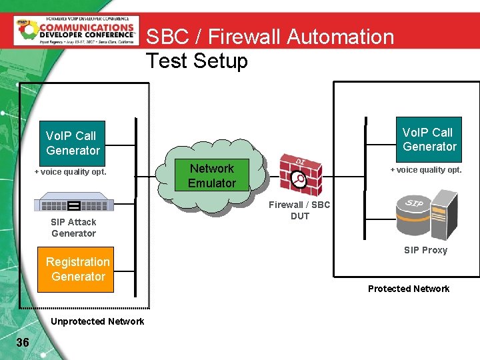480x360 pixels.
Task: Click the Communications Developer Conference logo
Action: click(76, 30)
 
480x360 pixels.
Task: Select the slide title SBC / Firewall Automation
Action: click(270, 37)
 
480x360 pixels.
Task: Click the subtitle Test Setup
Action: click(197, 61)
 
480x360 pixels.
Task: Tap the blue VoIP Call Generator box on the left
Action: click(73, 143)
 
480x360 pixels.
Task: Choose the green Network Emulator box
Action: click(211, 175)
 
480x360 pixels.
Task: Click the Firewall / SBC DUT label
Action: click(299, 211)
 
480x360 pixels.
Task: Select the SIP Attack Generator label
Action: click(73, 228)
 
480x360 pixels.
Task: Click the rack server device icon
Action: click(74, 201)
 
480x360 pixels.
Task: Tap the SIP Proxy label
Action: click(425, 251)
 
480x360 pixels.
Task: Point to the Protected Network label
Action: click(409, 289)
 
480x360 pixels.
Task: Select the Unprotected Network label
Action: click(97, 321)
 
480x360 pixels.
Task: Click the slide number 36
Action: click(23, 343)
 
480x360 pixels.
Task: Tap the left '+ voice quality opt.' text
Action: click(71, 172)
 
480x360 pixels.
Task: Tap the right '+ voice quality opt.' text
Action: click(426, 170)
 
